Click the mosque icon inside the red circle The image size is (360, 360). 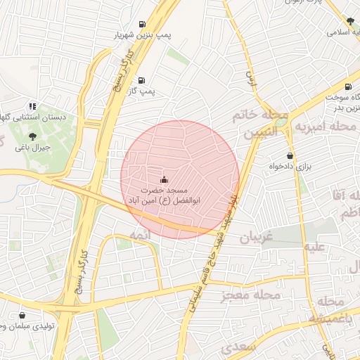tap(165, 179)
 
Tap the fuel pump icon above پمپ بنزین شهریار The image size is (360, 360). tap(143, 22)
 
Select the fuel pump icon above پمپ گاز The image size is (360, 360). tap(143, 80)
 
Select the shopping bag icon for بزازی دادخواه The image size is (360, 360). tap(290, 156)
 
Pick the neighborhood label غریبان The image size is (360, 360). tap(255, 238)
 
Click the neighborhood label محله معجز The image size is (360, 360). tap(251, 295)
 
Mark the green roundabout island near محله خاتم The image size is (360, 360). tap(282, 122)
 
